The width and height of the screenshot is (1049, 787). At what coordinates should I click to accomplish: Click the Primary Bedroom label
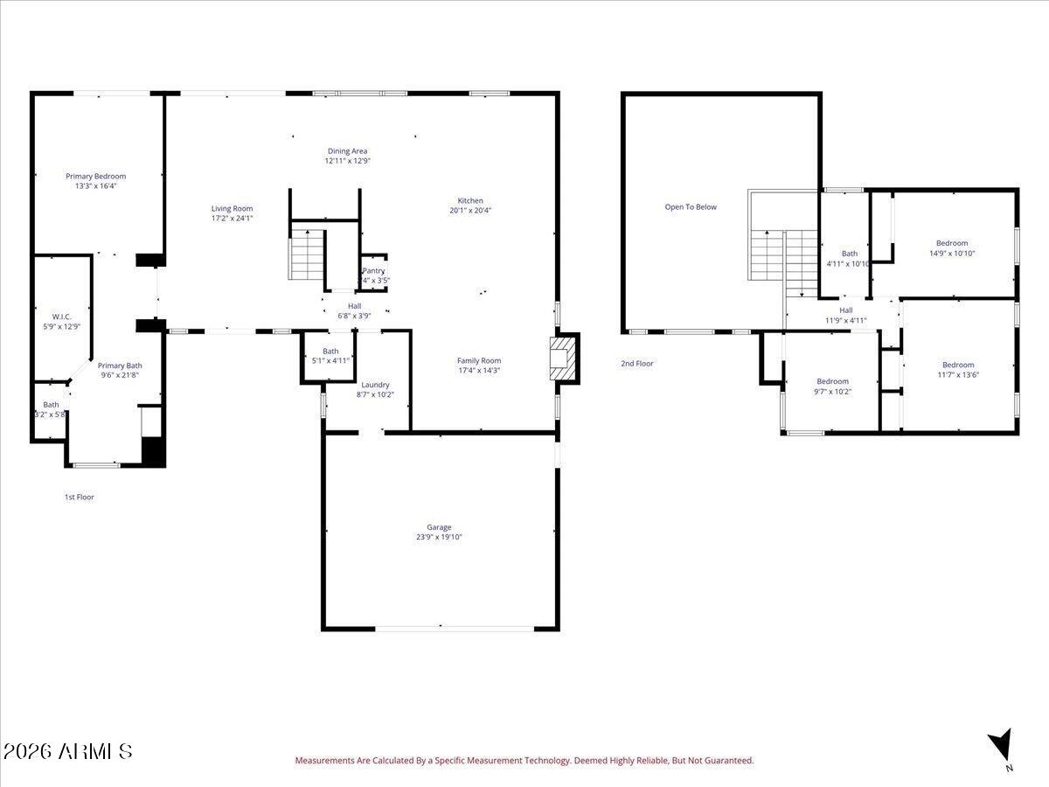click(95, 176)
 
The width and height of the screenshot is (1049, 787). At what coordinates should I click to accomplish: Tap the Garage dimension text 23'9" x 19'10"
click(439, 537)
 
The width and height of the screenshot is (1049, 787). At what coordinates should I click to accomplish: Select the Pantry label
click(374, 271)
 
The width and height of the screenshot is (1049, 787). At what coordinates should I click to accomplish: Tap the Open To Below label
click(691, 207)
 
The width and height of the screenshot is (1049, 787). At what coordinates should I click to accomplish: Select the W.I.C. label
click(60, 317)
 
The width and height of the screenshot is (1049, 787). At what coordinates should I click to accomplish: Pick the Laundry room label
click(375, 385)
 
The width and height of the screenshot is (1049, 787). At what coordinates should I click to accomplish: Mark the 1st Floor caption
click(79, 497)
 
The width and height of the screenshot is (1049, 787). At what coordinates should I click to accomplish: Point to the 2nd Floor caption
click(637, 363)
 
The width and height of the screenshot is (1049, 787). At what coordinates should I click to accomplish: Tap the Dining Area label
click(347, 151)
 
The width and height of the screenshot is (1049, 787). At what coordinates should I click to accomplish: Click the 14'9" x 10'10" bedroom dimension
click(952, 253)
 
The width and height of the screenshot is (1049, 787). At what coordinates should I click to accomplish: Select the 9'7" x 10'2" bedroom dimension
click(832, 391)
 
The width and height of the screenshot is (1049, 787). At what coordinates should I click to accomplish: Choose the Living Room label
click(232, 208)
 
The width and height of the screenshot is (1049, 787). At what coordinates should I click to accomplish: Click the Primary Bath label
click(120, 366)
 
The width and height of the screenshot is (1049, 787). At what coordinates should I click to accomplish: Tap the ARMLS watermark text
click(67, 751)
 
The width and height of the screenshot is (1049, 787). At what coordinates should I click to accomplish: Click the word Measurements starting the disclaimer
click(324, 761)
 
